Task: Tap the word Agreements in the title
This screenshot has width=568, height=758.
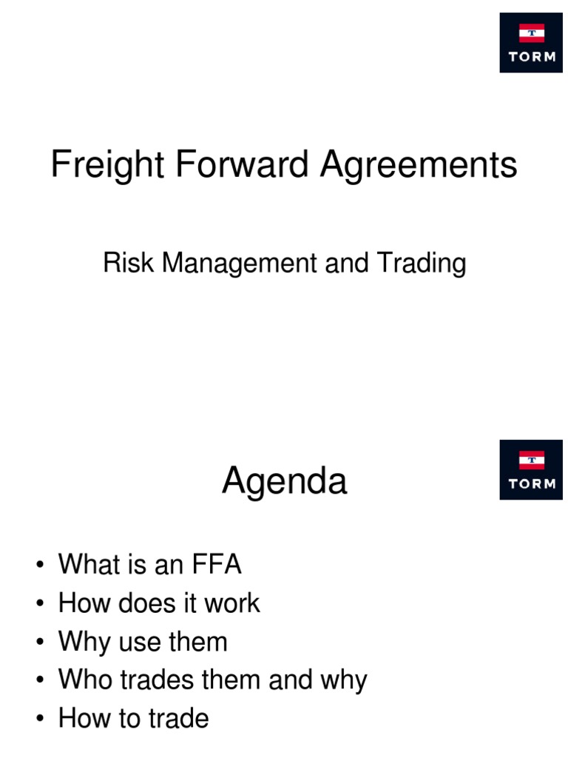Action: click(419, 164)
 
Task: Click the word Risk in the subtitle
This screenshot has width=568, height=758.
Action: click(129, 264)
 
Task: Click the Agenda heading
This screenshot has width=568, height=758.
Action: click(285, 482)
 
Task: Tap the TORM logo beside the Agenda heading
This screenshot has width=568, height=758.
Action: click(531, 470)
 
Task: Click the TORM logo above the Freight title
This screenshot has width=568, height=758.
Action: click(531, 42)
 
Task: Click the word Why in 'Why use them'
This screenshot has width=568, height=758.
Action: click(84, 642)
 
